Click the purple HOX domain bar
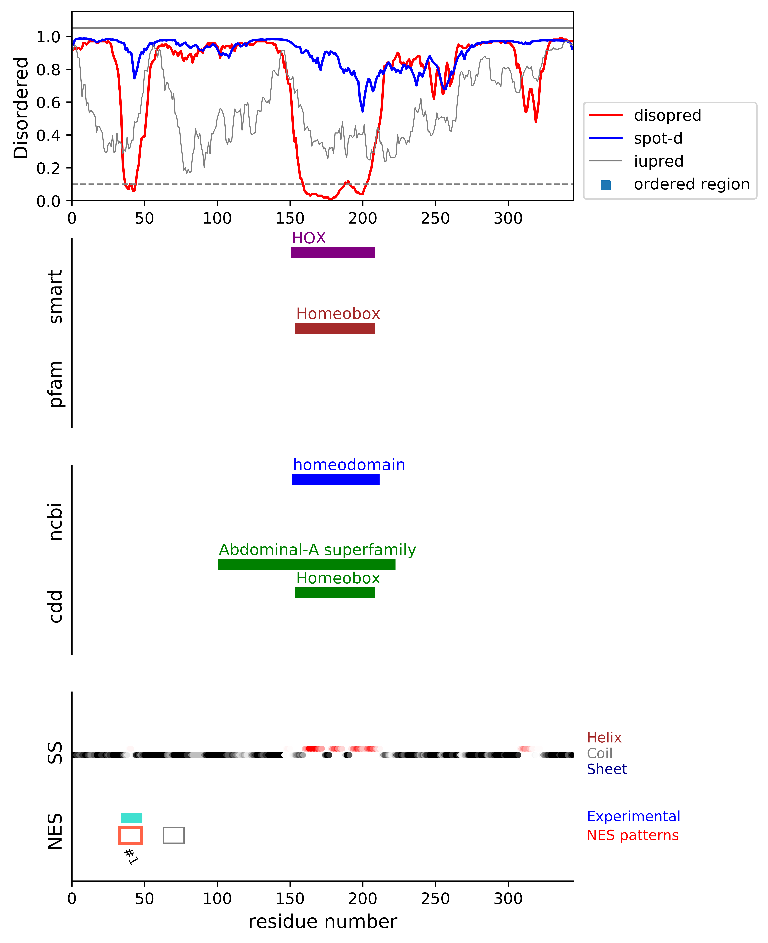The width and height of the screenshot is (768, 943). click(333, 253)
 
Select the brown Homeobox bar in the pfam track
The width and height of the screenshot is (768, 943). click(335, 328)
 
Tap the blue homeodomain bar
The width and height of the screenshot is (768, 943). click(336, 479)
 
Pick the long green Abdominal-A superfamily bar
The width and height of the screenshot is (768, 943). click(307, 564)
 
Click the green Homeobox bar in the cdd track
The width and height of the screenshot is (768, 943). click(335, 593)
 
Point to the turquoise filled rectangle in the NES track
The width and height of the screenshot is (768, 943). click(131, 818)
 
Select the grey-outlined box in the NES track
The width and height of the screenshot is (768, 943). click(173, 835)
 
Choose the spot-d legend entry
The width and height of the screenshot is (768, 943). click(658, 138)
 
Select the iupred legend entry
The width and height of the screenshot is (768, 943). click(658, 161)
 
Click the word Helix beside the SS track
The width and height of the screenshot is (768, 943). click(604, 737)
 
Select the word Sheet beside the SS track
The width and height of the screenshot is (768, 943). click(607, 769)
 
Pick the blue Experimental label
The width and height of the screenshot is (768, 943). click(633, 816)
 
